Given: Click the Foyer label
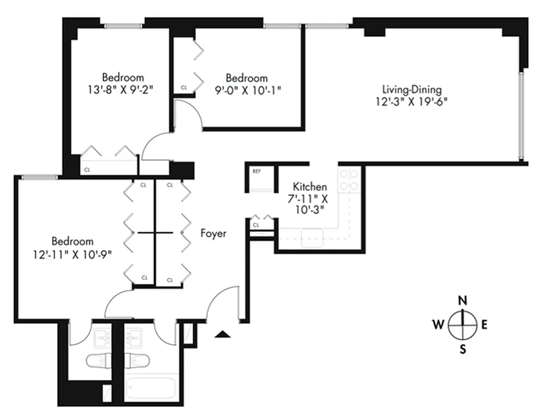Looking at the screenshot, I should point(213,234).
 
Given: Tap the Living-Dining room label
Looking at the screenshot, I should point(411,89).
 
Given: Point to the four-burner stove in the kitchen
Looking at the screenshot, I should point(348,180).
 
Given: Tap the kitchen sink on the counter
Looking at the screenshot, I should point(312,236).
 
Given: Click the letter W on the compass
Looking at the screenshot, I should point(438,324).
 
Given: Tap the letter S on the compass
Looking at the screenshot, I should point(463,350).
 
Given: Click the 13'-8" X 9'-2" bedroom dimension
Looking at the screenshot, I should point(123,89).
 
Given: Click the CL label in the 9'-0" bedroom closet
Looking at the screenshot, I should point(184,88).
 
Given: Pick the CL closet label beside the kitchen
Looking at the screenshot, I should point(255,225).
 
